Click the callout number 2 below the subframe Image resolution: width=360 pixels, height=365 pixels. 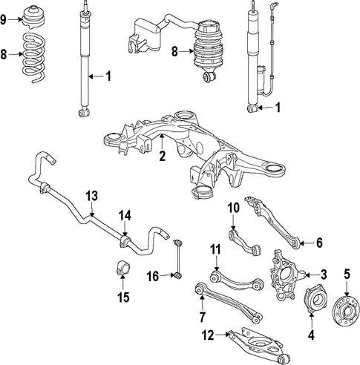point(163,156)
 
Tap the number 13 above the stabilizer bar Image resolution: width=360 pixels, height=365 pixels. point(92,196)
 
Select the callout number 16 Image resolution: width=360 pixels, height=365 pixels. point(153,276)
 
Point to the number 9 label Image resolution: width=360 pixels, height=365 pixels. point(3,19)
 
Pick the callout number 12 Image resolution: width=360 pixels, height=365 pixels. point(208,335)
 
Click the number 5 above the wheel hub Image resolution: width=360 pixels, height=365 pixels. point(347,274)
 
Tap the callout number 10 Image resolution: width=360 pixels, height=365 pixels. point(234,208)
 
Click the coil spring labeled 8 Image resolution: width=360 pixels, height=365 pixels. point(33,57)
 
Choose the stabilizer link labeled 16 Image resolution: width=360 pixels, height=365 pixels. point(178,259)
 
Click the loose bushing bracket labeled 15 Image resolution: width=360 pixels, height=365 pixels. point(123,268)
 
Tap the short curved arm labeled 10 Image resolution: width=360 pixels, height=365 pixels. point(244,243)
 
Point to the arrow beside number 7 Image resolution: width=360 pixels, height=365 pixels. point(202,302)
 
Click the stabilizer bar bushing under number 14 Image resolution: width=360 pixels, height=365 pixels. point(125,241)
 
